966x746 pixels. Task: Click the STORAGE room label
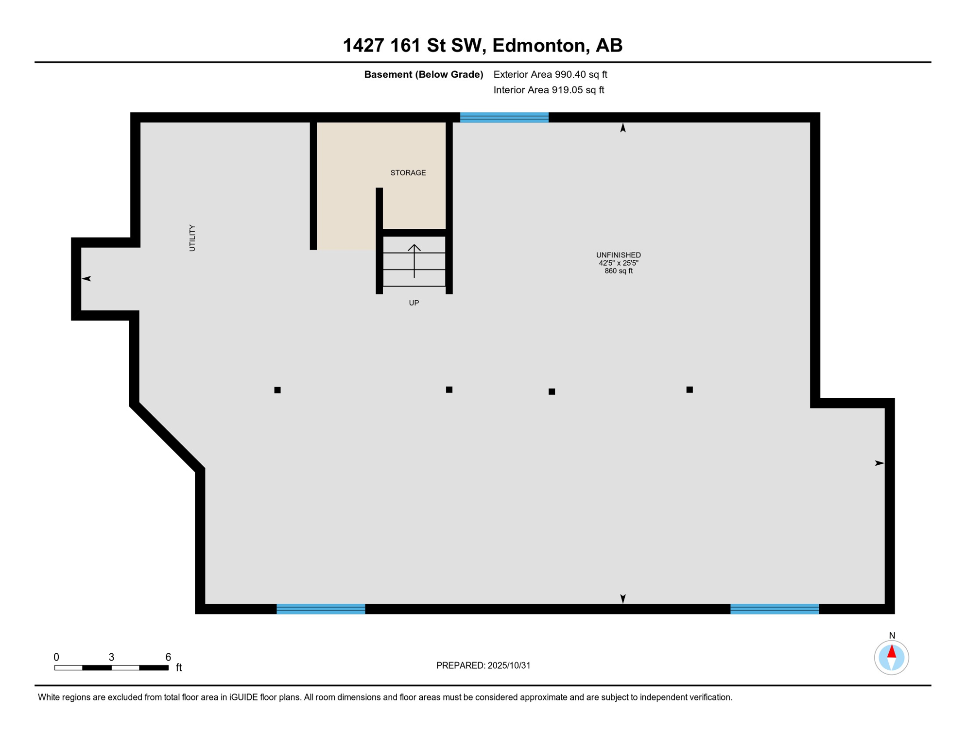408,173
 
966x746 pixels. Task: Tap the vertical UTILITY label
192,238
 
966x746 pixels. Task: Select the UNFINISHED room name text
618,255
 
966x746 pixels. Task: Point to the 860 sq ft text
618,271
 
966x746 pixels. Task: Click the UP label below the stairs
414,303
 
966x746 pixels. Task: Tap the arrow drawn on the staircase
414,260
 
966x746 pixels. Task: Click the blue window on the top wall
504,118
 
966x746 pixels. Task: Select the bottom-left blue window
321,609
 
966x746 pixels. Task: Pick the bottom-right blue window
774,609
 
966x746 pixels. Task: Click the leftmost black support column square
277,390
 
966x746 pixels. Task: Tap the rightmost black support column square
689,390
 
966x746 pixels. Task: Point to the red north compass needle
891,652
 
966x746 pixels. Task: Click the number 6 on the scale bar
168,657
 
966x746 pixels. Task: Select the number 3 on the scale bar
111,657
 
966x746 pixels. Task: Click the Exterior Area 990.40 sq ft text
550,74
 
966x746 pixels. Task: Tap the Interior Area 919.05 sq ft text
549,90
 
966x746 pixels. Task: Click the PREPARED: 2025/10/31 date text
483,665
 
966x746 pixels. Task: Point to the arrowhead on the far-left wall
86,278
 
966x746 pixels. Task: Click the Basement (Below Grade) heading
423,74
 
